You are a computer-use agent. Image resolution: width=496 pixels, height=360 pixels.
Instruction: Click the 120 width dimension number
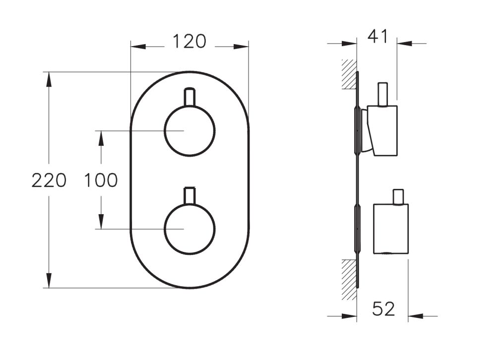(189, 42)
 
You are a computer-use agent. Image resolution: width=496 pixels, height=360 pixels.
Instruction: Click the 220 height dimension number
(49, 180)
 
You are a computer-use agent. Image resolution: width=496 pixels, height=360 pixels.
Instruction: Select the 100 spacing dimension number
(101, 180)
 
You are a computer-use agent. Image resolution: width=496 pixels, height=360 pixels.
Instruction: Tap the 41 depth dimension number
(378, 37)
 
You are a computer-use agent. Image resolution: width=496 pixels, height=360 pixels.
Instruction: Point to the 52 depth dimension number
(384, 309)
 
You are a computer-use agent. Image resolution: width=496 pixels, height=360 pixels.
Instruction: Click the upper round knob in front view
(189, 131)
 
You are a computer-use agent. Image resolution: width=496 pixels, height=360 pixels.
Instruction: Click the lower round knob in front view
(189, 229)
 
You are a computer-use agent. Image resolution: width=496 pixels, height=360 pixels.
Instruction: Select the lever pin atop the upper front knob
(189, 97)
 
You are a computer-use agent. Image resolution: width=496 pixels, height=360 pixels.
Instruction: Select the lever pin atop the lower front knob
(189, 195)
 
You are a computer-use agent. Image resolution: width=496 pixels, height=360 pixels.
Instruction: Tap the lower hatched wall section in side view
(349, 279)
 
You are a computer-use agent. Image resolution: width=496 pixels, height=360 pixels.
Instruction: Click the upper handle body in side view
(384, 130)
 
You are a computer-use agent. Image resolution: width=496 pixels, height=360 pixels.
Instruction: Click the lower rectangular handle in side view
(391, 229)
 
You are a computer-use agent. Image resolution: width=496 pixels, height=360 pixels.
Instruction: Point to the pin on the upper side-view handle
(382, 94)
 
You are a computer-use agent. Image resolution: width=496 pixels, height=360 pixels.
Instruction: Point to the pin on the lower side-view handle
(397, 197)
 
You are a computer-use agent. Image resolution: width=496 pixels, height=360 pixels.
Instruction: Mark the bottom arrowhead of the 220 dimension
(49, 281)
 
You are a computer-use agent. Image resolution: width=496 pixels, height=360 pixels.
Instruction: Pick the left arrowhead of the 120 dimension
(137, 47)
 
